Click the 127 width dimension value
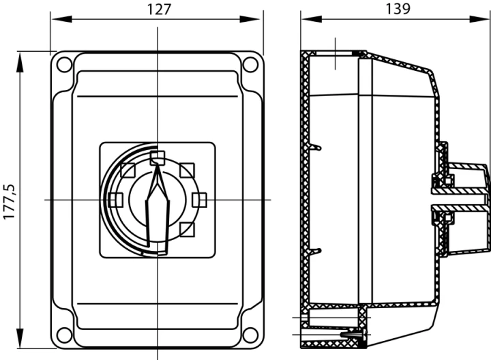tap(159, 10)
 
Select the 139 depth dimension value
tap(398, 9)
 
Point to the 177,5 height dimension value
tap(9, 201)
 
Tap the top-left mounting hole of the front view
tap(64, 64)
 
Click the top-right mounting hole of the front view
tap(250, 64)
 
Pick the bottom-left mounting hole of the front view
tap(64, 335)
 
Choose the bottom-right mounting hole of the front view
tap(250, 335)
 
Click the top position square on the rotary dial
tap(158, 157)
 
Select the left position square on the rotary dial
tap(115, 200)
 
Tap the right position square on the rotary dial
tap(199, 200)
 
